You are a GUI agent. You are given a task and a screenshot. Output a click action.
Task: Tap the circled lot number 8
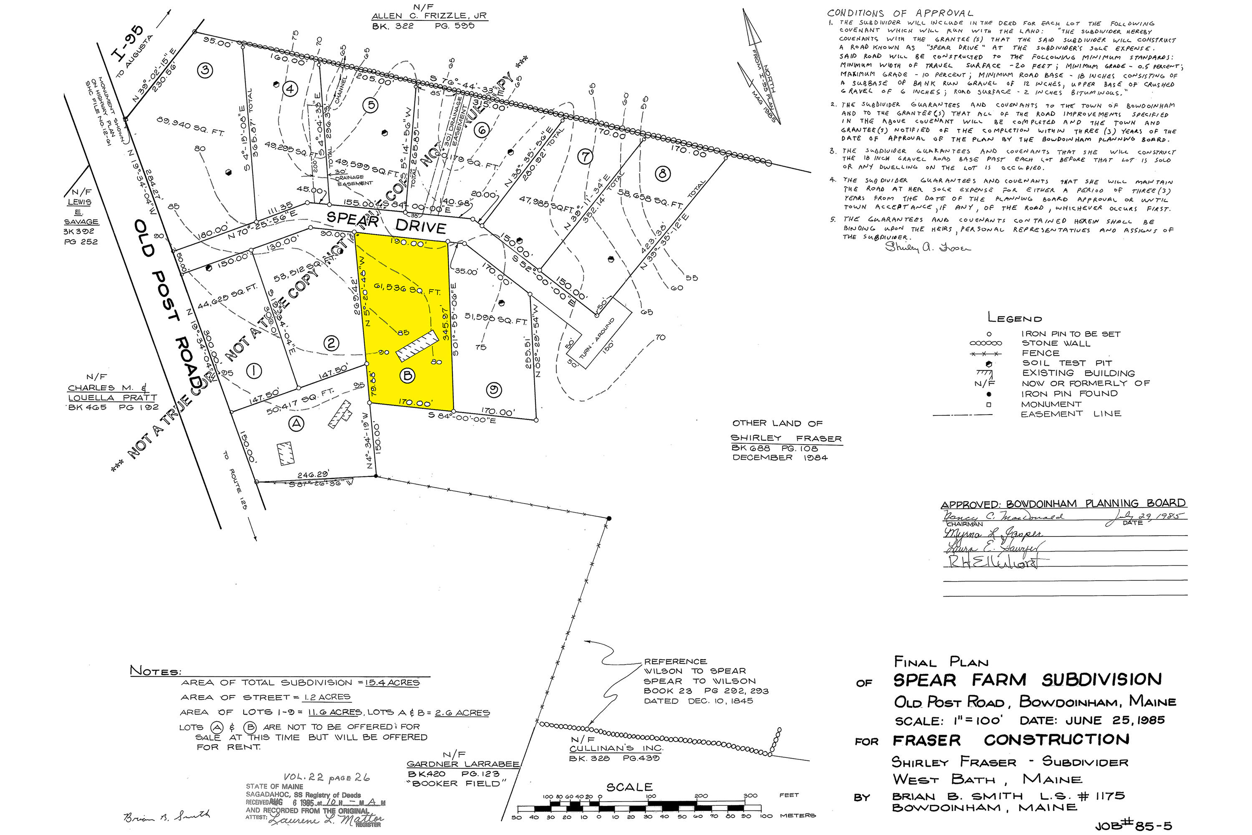click(663, 174)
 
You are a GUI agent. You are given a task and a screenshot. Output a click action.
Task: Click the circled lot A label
click(296, 424)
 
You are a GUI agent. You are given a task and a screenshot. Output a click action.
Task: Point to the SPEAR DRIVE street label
click(386, 223)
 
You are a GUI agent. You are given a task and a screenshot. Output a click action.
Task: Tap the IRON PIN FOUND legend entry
click(1069, 394)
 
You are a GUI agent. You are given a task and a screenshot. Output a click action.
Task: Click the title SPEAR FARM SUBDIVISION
click(1027, 680)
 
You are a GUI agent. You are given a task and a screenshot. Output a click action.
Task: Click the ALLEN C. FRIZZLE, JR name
click(429, 16)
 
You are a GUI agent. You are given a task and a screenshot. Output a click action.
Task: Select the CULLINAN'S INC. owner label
click(616, 748)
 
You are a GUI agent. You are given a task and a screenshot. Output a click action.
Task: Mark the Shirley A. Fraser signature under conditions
click(928, 247)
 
